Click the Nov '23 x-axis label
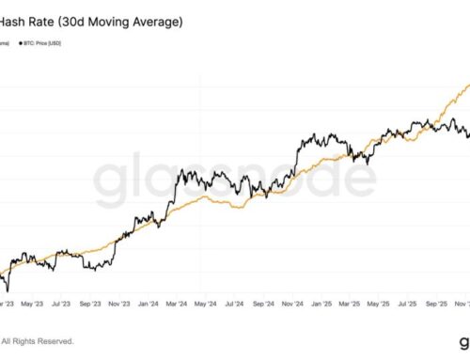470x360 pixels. pyautogui.click(x=118, y=305)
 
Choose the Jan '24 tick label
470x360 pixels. pyautogui.click(x=148, y=305)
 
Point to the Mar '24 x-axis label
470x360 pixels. pyautogui.click(x=176, y=305)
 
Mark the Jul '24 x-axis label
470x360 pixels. pyautogui.click(x=233, y=305)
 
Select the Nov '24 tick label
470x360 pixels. pyautogui.click(x=291, y=305)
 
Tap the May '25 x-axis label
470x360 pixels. pyautogui.click(x=378, y=305)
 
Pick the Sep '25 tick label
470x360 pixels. pyautogui.click(x=435, y=305)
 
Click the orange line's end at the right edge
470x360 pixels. pyautogui.click(x=468, y=86)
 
